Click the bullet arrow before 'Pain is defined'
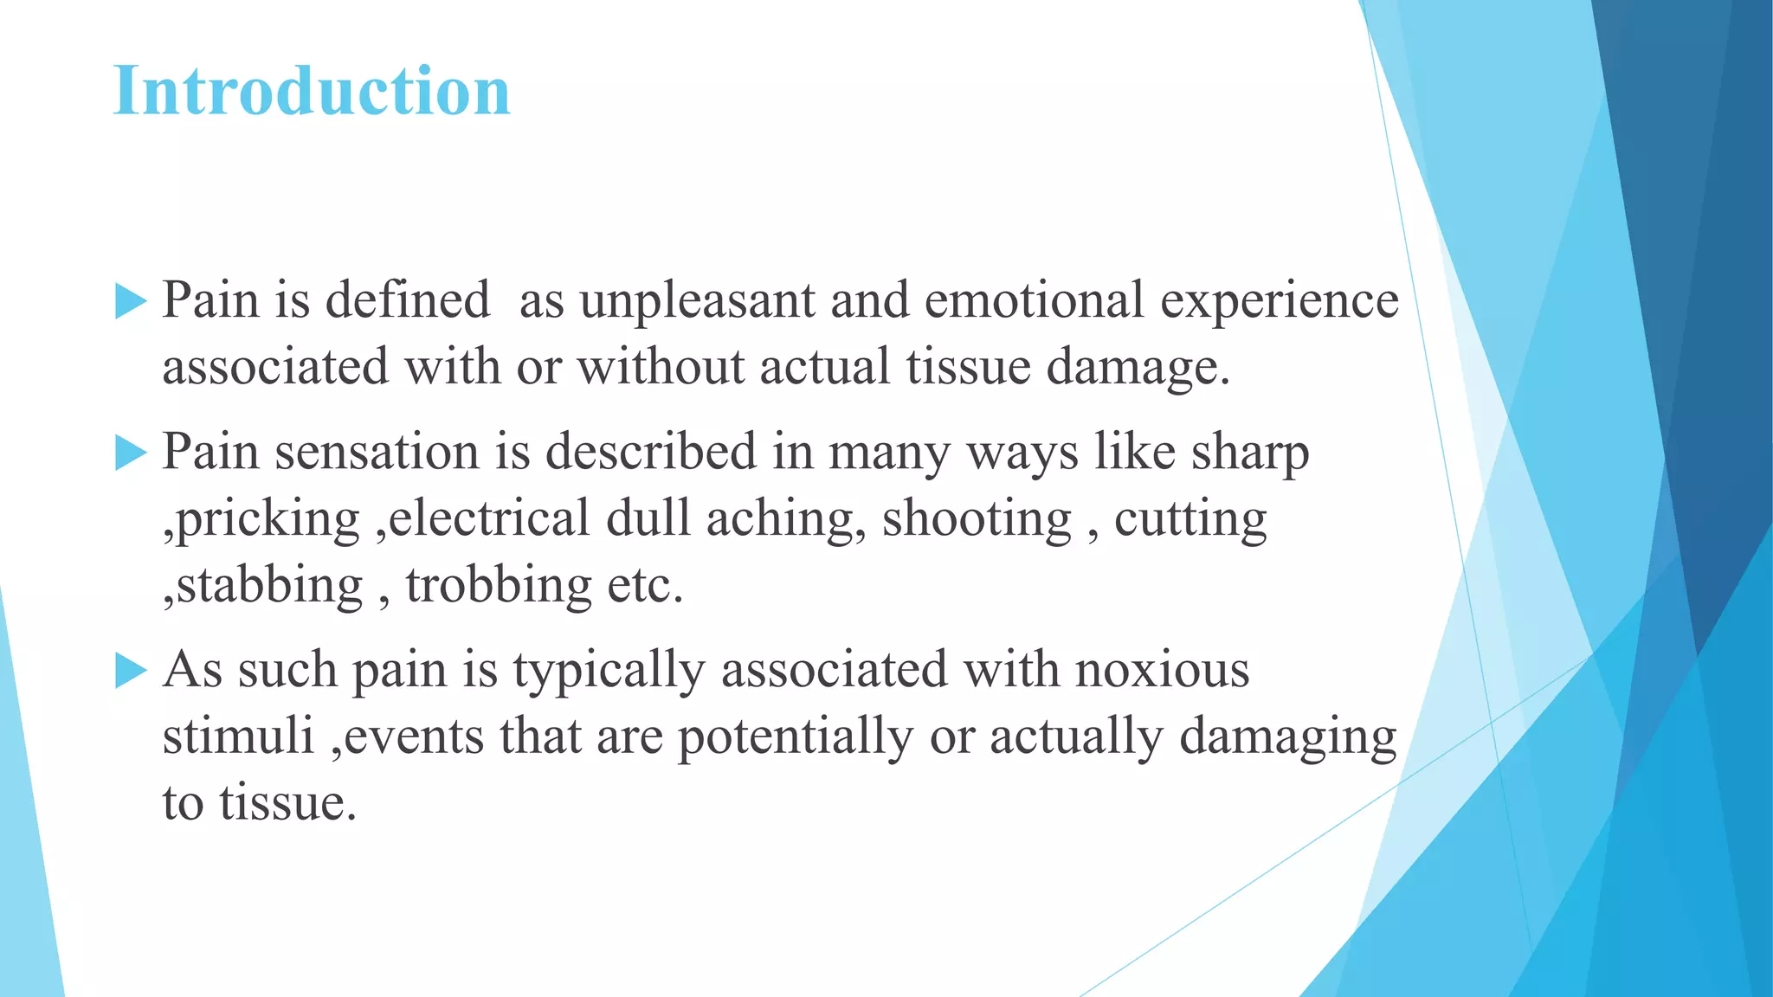coord(131,301)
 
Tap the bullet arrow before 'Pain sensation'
coord(131,453)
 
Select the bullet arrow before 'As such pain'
coord(131,671)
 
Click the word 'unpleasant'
coord(698,301)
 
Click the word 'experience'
coord(1279,301)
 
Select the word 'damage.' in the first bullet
coord(1138,368)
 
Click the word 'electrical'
coord(490,518)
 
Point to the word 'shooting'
coord(977,520)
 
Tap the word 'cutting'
coord(1190,520)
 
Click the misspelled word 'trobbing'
coord(499,586)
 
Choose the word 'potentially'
coord(795,737)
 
